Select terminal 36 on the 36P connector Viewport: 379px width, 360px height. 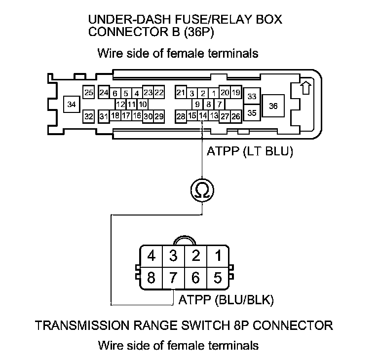(x=273, y=106)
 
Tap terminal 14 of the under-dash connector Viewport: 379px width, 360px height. (x=203, y=116)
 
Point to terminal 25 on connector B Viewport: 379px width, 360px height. (x=89, y=92)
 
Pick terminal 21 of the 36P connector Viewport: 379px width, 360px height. (x=181, y=93)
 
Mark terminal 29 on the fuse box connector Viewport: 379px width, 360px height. (x=159, y=116)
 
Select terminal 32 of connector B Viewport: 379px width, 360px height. (x=89, y=116)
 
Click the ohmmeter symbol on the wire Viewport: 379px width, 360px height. (x=201, y=189)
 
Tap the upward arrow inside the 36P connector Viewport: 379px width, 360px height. (x=305, y=88)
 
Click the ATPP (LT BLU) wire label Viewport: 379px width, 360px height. (x=251, y=152)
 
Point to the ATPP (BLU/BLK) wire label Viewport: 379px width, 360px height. (x=227, y=299)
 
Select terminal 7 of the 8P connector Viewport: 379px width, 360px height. (x=173, y=278)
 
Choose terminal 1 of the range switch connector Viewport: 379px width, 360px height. (x=217, y=256)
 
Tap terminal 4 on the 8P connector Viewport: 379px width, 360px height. (x=152, y=256)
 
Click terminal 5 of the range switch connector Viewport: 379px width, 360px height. (x=217, y=278)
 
